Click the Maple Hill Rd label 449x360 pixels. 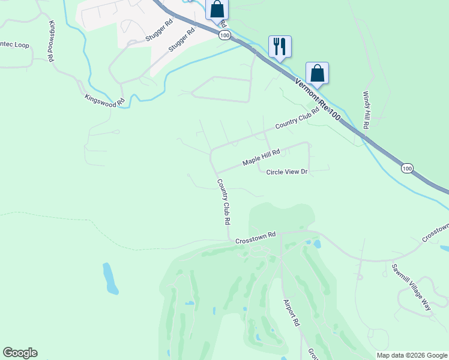tap(262, 158)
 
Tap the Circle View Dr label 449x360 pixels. tap(286, 172)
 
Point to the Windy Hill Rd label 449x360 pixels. tap(366, 110)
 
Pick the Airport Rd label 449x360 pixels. tap(292, 312)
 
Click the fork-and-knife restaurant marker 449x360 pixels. tap(280, 46)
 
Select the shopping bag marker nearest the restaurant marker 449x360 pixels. tap(317, 73)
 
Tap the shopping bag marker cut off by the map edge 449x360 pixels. tap(217, 9)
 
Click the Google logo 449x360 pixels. tap(20, 353)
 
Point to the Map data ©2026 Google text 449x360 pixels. tap(412, 355)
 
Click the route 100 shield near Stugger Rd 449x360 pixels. tap(224, 35)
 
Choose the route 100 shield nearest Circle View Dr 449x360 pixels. tap(407, 169)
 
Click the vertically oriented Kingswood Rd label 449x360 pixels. tap(52, 41)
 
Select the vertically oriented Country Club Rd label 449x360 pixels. tap(224, 202)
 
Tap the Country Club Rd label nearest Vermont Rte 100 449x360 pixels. tap(297, 120)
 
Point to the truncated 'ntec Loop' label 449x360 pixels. tap(14, 45)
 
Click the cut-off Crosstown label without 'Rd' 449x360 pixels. tap(436, 233)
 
